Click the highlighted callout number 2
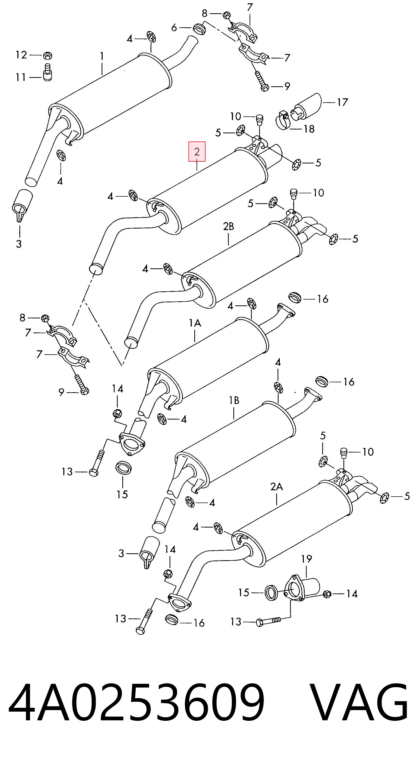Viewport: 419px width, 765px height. [197, 152]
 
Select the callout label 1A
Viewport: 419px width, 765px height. [195, 323]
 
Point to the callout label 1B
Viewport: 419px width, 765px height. [234, 400]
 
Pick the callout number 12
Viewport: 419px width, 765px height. [21, 55]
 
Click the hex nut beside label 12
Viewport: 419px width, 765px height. [47, 55]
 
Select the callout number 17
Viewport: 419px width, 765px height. [342, 102]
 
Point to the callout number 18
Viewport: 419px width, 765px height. [309, 129]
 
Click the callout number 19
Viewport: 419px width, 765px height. [306, 559]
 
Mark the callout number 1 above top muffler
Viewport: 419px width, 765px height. [102, 56]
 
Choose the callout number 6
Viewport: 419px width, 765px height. [174, 27]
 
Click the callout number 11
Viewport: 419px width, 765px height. [20, 78]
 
